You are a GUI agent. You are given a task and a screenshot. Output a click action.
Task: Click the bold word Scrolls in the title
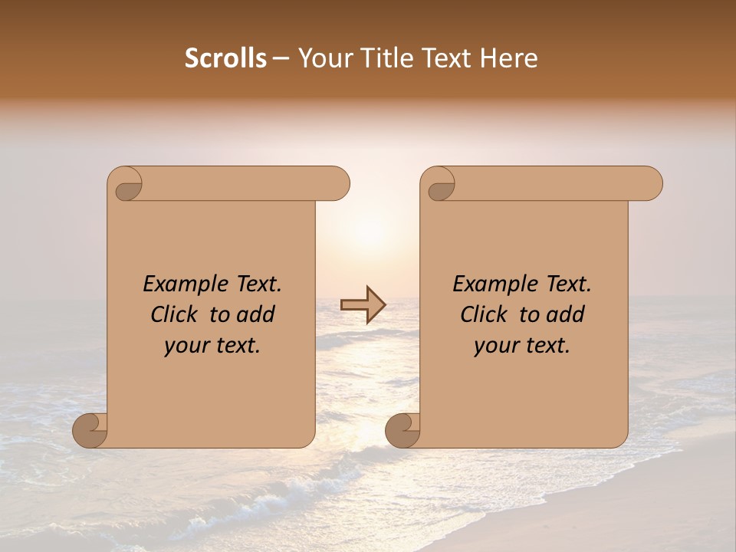point(226,58)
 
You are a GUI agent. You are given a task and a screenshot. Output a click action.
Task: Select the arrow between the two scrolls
point(363,305)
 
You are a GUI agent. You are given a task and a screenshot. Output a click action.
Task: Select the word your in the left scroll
point(184,347)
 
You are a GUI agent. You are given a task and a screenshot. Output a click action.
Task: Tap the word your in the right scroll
point(494,347)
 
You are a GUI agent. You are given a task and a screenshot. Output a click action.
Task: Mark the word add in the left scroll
point(256,314)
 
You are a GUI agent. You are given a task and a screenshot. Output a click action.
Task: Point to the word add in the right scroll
point(566,314)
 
